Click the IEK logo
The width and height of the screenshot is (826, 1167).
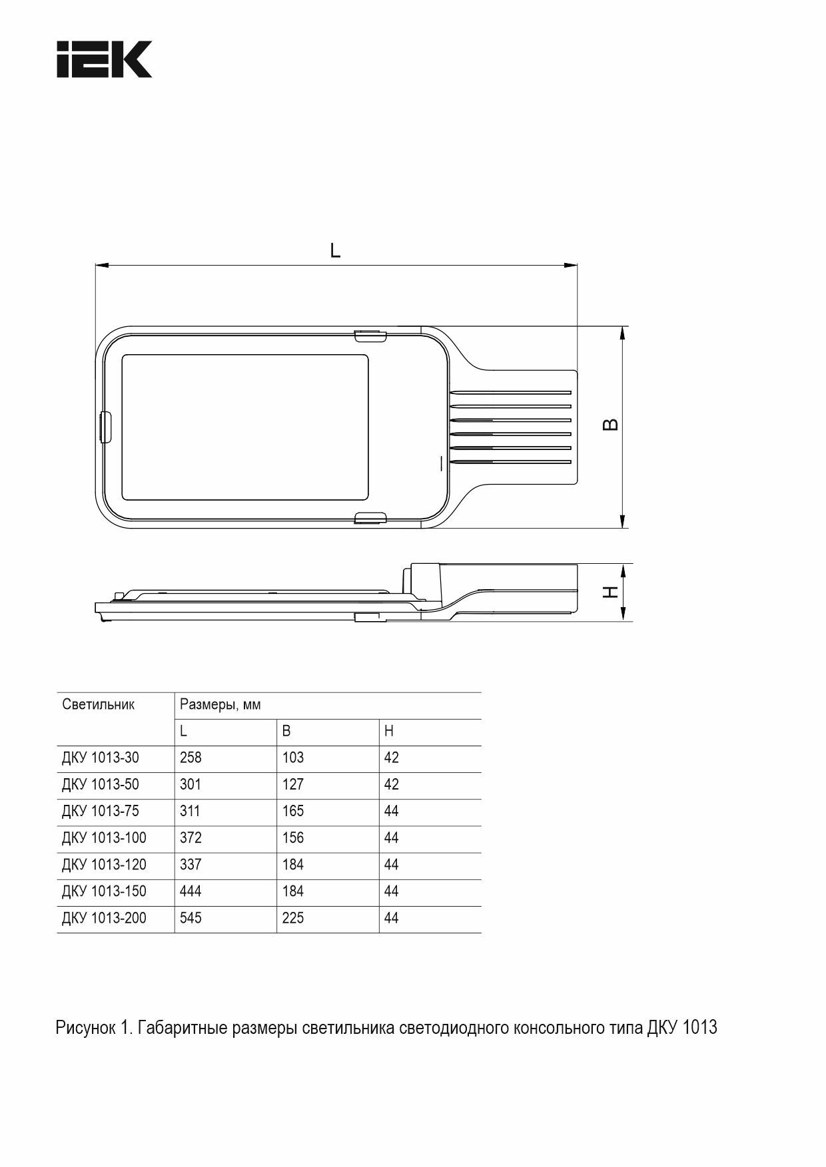(x=105, y=59)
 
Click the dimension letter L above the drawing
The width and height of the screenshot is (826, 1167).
(x=336, y=250)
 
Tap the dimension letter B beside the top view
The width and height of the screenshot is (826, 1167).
(x=610, y=425)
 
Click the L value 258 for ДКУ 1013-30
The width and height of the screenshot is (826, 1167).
(x=191, y=758)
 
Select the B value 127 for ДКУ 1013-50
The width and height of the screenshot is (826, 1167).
(x=293, y=784)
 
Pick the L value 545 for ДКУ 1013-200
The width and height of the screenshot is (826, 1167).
(x=191, y=918)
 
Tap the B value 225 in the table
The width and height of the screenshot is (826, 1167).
(x=293, y=918)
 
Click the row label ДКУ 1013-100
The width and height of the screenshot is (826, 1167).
(x=104, y=837)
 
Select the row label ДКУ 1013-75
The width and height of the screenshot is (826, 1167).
(x=101, y=811)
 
